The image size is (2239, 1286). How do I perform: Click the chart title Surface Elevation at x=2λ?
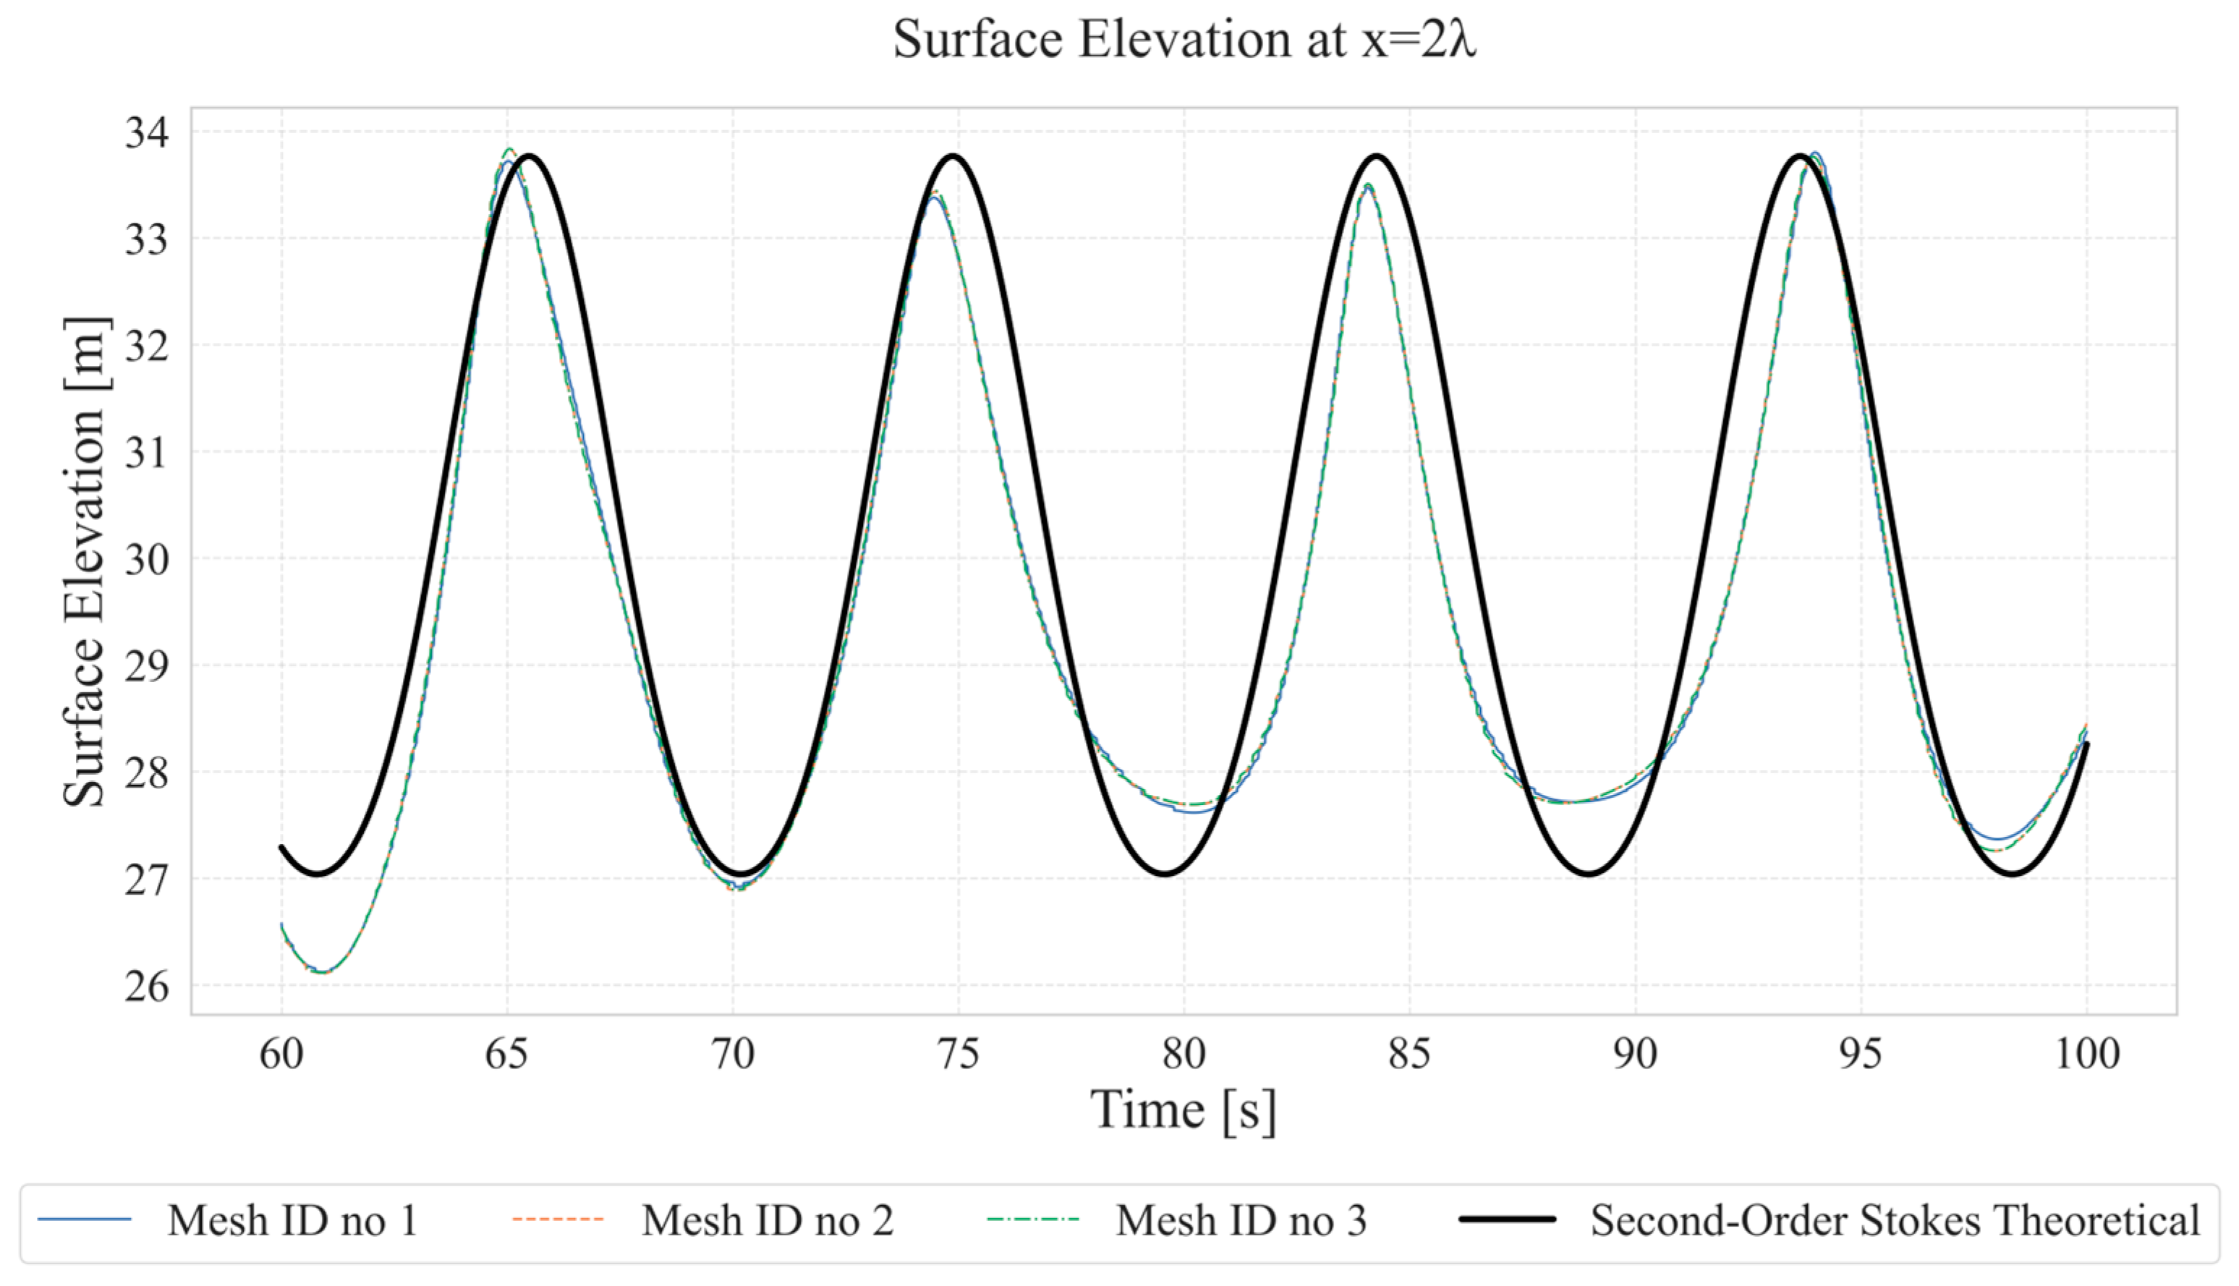pyautogui.click(x=1184, y=41)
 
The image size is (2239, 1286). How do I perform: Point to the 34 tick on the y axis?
pyautogui.click(x=147, y=132)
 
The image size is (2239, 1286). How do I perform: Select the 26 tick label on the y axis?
pyautogui.click(x=147, y=986)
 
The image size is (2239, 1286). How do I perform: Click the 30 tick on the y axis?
pyautogui.click(x=147, y=559)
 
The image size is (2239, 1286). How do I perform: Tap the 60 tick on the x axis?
pyautogui.click(x=281, y=1053)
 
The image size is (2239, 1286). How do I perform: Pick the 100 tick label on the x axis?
pyautogui.click(x=2087, y=1053)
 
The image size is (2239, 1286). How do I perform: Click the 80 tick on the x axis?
pyautogui.click(x=1184, y=1053)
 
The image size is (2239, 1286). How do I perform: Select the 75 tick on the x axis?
pyautogui.click(x=959, y=1053)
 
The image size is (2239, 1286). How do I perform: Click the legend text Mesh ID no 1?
pyautogui.click(x=292, y=1222)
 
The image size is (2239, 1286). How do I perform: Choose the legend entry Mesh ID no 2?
pyautogui.click(x=768, y=1222)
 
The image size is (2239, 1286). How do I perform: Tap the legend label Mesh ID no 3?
pyautogui.click(x=1241, y=1222)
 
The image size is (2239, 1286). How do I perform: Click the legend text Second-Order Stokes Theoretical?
pyautogui.click(x=1895, y=1222)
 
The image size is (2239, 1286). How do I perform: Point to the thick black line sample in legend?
pyautogui.click(x=1508, y=1219)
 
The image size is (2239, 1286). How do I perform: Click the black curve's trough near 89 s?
pyautogui.click(x=1589, y=874)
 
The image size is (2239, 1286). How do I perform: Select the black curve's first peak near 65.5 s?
pyautogui.click(x=529, y=156)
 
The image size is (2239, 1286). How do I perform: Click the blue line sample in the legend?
pyautogui.click(x=85, y=1219)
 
